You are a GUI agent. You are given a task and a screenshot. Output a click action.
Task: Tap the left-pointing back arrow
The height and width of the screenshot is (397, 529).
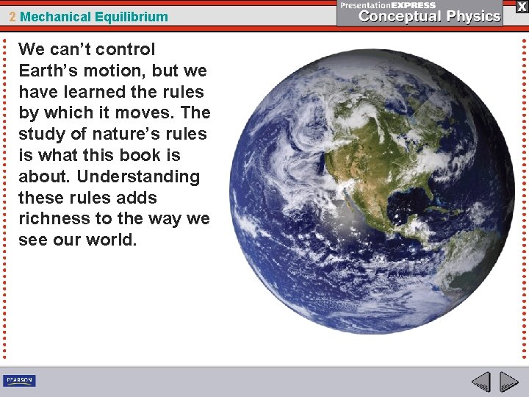(x=481, y=382)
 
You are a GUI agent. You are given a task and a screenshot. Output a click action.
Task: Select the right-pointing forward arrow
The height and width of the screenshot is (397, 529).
(x=508, y=382)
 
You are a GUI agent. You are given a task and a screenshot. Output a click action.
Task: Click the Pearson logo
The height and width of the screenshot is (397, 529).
(x=19, y=380)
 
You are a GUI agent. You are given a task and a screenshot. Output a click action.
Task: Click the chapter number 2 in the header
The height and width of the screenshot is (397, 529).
(x=12, y=16)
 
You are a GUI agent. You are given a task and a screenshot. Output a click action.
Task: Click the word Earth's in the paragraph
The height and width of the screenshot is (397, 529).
(x=48, y=71)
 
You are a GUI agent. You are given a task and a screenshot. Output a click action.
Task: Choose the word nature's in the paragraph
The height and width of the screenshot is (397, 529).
(x=125, y=135)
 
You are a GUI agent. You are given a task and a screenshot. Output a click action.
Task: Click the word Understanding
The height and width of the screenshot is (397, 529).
(x=139, y=176)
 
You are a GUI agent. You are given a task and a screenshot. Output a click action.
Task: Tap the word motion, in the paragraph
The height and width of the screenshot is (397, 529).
(x=120, y=71)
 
